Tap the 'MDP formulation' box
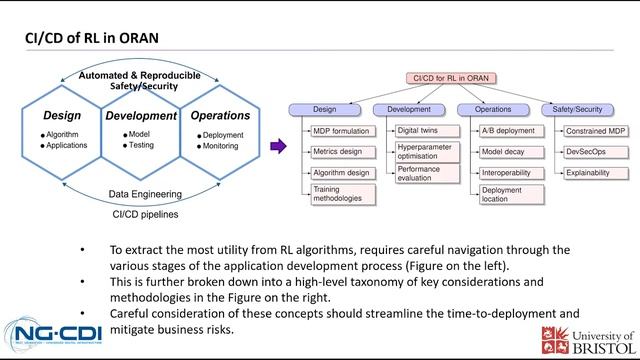pos(341,131)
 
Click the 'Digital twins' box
pos(419,131)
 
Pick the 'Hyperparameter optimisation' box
pos(423,152)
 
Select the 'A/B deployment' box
pos(506,131)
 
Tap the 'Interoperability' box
pos(506,172)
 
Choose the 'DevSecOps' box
pos(588,152)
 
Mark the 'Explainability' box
pos(591,172)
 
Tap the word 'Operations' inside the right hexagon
pos(219,117)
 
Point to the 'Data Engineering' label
pos(140,195)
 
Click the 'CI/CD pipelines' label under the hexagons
pos(140,213)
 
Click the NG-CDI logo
pos(51,329)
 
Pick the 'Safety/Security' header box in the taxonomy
pos(579,108)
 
